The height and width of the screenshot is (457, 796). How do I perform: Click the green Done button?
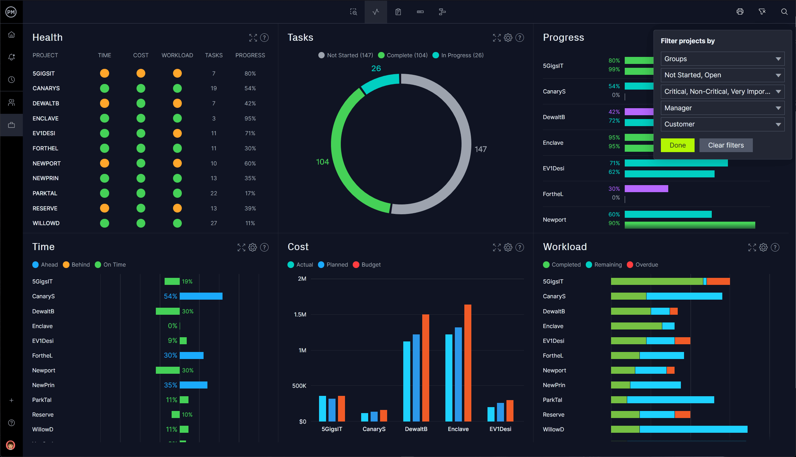677,145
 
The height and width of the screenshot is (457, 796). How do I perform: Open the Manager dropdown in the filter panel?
722,108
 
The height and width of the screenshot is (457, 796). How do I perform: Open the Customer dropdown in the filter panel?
722,124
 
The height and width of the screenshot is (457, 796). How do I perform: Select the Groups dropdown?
722,59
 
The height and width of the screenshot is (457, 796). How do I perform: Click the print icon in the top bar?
740,12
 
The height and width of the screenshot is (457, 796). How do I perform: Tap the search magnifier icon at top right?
784,12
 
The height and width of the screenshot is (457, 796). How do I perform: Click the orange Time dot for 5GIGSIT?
104,73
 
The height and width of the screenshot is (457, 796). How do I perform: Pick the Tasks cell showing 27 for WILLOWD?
213,223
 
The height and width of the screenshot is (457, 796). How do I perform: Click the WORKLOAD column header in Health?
177,55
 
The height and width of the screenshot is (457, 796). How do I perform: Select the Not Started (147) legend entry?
346,55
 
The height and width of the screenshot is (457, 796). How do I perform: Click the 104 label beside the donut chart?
322,162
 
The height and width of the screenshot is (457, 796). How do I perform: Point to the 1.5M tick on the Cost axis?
300,314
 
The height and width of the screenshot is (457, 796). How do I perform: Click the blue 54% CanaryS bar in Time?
201,296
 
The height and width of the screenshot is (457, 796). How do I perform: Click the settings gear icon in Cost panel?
508,247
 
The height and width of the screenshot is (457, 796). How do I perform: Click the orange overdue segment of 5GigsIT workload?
718,281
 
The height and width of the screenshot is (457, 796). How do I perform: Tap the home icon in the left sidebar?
12,34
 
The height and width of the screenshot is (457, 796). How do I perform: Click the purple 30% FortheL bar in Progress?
646,189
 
